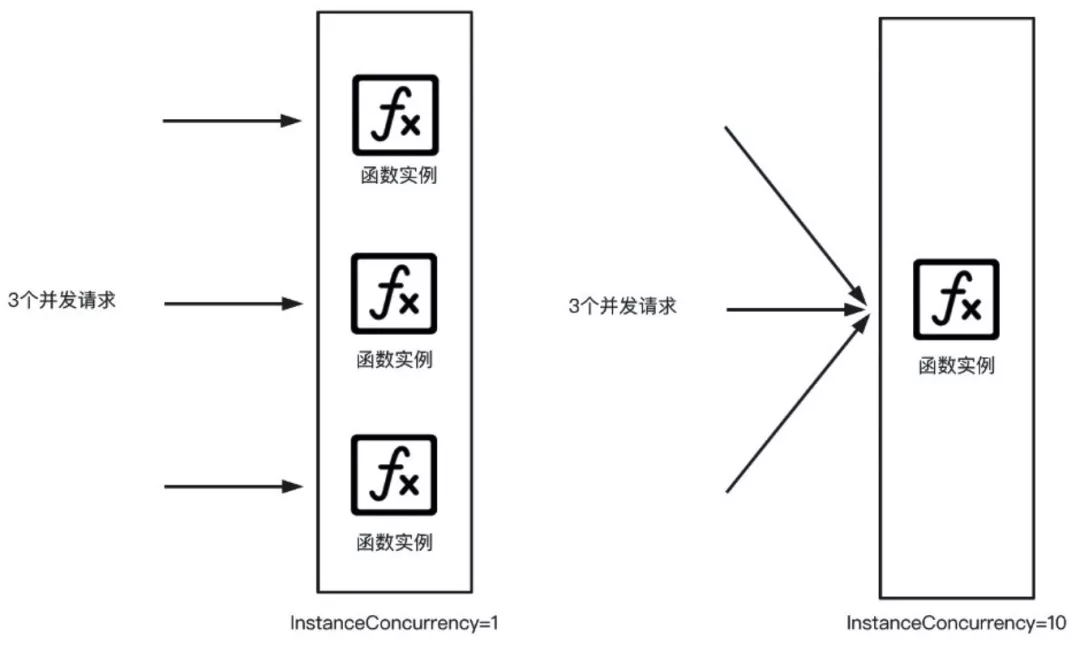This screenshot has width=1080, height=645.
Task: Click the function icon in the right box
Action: pyautogui.click(x=956, y=299)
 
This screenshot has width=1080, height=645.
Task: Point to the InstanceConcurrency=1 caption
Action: pyautogui.click(x=393, y=623)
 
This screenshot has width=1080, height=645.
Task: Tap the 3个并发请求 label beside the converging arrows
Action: pyautogui.click(x=622, y=307)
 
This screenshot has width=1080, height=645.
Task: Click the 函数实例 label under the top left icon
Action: pyautogui.click(x=399, y=176)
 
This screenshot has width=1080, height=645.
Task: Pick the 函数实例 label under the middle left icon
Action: pyautogui.click(x=395, y=360)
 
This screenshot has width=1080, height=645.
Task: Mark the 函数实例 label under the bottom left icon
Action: pyautogui.click(x=395, y=543)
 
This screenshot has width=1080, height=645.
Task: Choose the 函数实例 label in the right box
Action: pyautogui.click(x=956, y=365)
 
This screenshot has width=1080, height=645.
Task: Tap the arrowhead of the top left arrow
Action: pyautogui.click(x=292, y=121)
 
